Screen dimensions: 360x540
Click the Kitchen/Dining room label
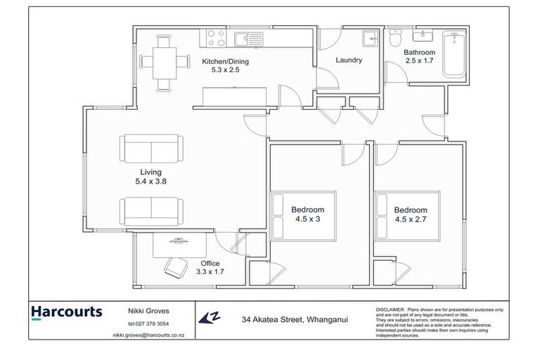[x=225, y=65]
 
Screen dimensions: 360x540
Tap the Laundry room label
[x=349, y=60]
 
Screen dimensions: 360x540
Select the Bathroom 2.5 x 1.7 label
[x=420, y=57]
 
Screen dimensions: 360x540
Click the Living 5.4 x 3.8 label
[x=150, y=176]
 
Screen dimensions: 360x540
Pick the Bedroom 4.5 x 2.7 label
[x=411, y=214]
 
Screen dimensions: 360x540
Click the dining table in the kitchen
[x=165, y=63]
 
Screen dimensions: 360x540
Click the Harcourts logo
[x=67, y=311]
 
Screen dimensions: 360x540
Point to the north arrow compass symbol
[x=207, y=319]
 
